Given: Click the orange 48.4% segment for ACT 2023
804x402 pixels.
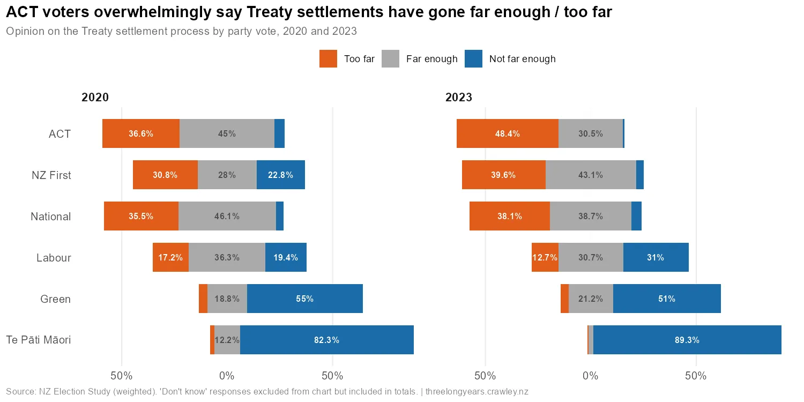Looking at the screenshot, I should (507, 134).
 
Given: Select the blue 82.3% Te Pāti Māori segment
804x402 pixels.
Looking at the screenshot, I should (326, 340).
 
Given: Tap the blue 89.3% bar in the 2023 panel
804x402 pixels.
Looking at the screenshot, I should (687, 340).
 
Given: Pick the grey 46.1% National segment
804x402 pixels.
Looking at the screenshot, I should (227, 217).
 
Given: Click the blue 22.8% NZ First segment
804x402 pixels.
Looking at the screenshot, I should (280, 175).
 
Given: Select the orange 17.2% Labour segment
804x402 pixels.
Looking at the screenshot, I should (170, 258).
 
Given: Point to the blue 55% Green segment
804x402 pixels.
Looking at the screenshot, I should (304, 299).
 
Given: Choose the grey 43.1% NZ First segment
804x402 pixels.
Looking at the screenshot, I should (591, 175).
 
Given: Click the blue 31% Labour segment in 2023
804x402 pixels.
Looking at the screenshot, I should (656, 258).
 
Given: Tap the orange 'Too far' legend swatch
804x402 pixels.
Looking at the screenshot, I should (328, 59).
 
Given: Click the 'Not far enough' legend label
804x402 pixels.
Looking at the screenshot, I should (522, 59).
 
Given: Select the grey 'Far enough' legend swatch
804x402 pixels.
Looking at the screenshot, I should (391, 59).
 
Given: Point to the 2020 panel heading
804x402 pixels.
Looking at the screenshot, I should (95, 98).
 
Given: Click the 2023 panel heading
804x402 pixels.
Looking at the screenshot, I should (459, 98).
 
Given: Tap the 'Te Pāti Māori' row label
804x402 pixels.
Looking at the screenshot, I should (38, 340).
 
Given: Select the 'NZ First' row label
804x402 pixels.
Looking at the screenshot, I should (51, 175).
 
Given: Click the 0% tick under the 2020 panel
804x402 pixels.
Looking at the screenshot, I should (227, 376).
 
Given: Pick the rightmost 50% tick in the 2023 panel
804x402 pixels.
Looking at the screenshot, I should (696, 376).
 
